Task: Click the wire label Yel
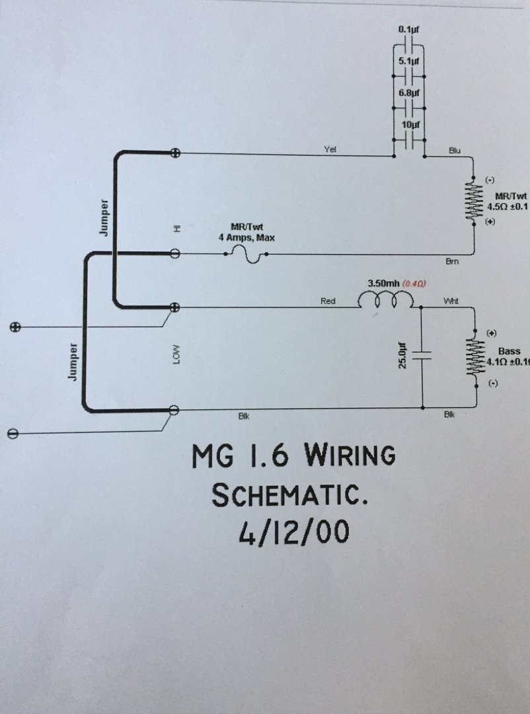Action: [330, 150]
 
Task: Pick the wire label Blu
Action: [454, 151]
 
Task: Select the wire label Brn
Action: [452, 262]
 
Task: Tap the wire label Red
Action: [328, 301]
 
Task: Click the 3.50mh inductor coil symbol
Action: [385, 301]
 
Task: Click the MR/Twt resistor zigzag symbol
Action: [473, 201]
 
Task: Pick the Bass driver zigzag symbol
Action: [473, 358]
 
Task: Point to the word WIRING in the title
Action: [350, 456]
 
